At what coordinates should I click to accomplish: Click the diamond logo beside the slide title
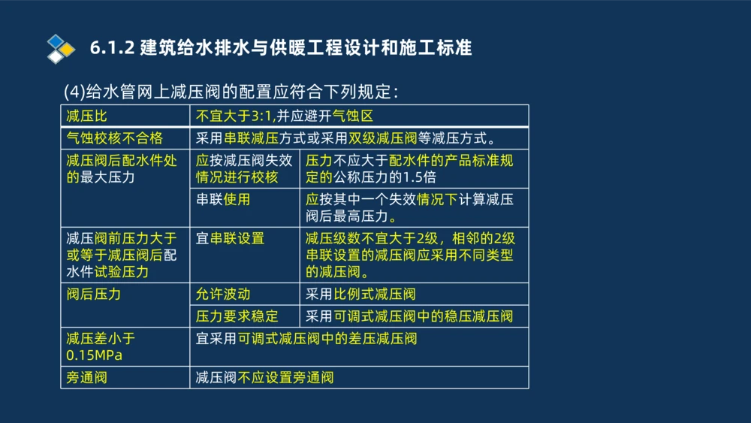[x=61, y=49]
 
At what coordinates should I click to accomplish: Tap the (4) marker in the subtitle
[x=75, y=92]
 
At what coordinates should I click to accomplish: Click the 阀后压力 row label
[x=93, y=294]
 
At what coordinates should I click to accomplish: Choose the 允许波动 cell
[x=223, y=294]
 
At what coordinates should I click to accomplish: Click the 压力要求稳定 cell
[x=237, y=316]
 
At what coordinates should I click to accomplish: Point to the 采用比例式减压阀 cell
[x=360, y=294]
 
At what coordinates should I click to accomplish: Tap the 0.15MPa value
[x=94, y=355]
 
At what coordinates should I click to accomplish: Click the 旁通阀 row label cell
[x=86, y=377]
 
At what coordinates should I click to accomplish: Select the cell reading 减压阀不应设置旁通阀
[x=264, y=377]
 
